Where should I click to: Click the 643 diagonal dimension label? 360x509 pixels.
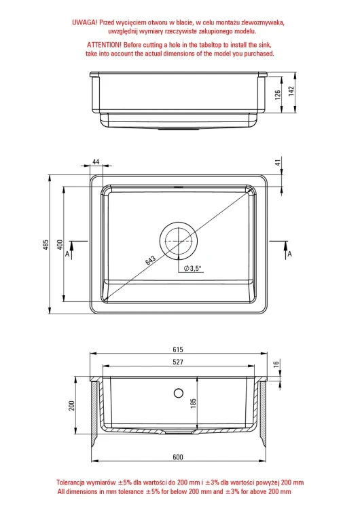(x=150, y=260)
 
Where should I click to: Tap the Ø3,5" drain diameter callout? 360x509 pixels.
(x=193, y=268)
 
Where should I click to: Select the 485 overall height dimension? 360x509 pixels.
(x=46, y=244)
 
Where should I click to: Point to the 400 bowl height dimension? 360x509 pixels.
(x=60, y=244)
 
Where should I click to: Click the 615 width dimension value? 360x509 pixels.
(x=178, y=350)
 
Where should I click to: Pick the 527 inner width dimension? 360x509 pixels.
(x=178, y=362)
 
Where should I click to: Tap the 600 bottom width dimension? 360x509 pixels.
(x=178, y=457)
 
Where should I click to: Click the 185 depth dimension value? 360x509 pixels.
(x=194, y=404)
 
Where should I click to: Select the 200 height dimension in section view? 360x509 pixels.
(x=71, y=405)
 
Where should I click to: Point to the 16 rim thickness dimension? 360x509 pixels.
(x=276, y=364)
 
